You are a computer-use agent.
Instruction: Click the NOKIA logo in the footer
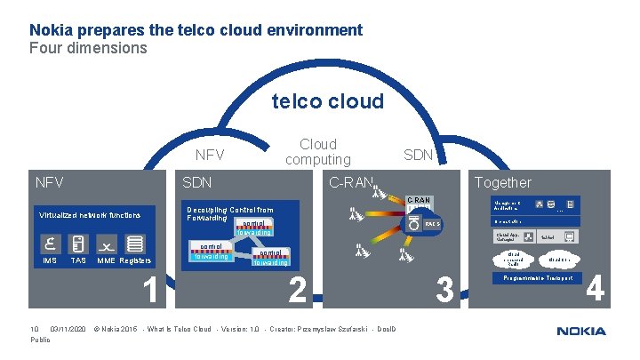point(581,332)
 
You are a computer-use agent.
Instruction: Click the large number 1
point(150,290)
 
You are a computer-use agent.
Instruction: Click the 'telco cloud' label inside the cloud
point(328,101)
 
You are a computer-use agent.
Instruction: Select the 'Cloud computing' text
point(318,152)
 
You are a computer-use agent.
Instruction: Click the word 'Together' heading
point(503,182)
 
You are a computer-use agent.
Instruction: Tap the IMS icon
point(51,244)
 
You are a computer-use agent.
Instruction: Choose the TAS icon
point(78,244)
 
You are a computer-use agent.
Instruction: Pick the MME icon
point(106,244)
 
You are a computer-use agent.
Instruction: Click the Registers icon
point(134,244)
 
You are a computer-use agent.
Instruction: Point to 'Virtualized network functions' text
point(89,215)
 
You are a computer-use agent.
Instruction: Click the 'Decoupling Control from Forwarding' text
point(229,213)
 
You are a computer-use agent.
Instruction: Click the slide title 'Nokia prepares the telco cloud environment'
point(196,30)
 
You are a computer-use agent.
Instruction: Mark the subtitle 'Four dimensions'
point(89,48)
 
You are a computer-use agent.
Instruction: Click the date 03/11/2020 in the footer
point(68,330)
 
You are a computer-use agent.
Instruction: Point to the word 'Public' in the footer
point(41,340)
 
